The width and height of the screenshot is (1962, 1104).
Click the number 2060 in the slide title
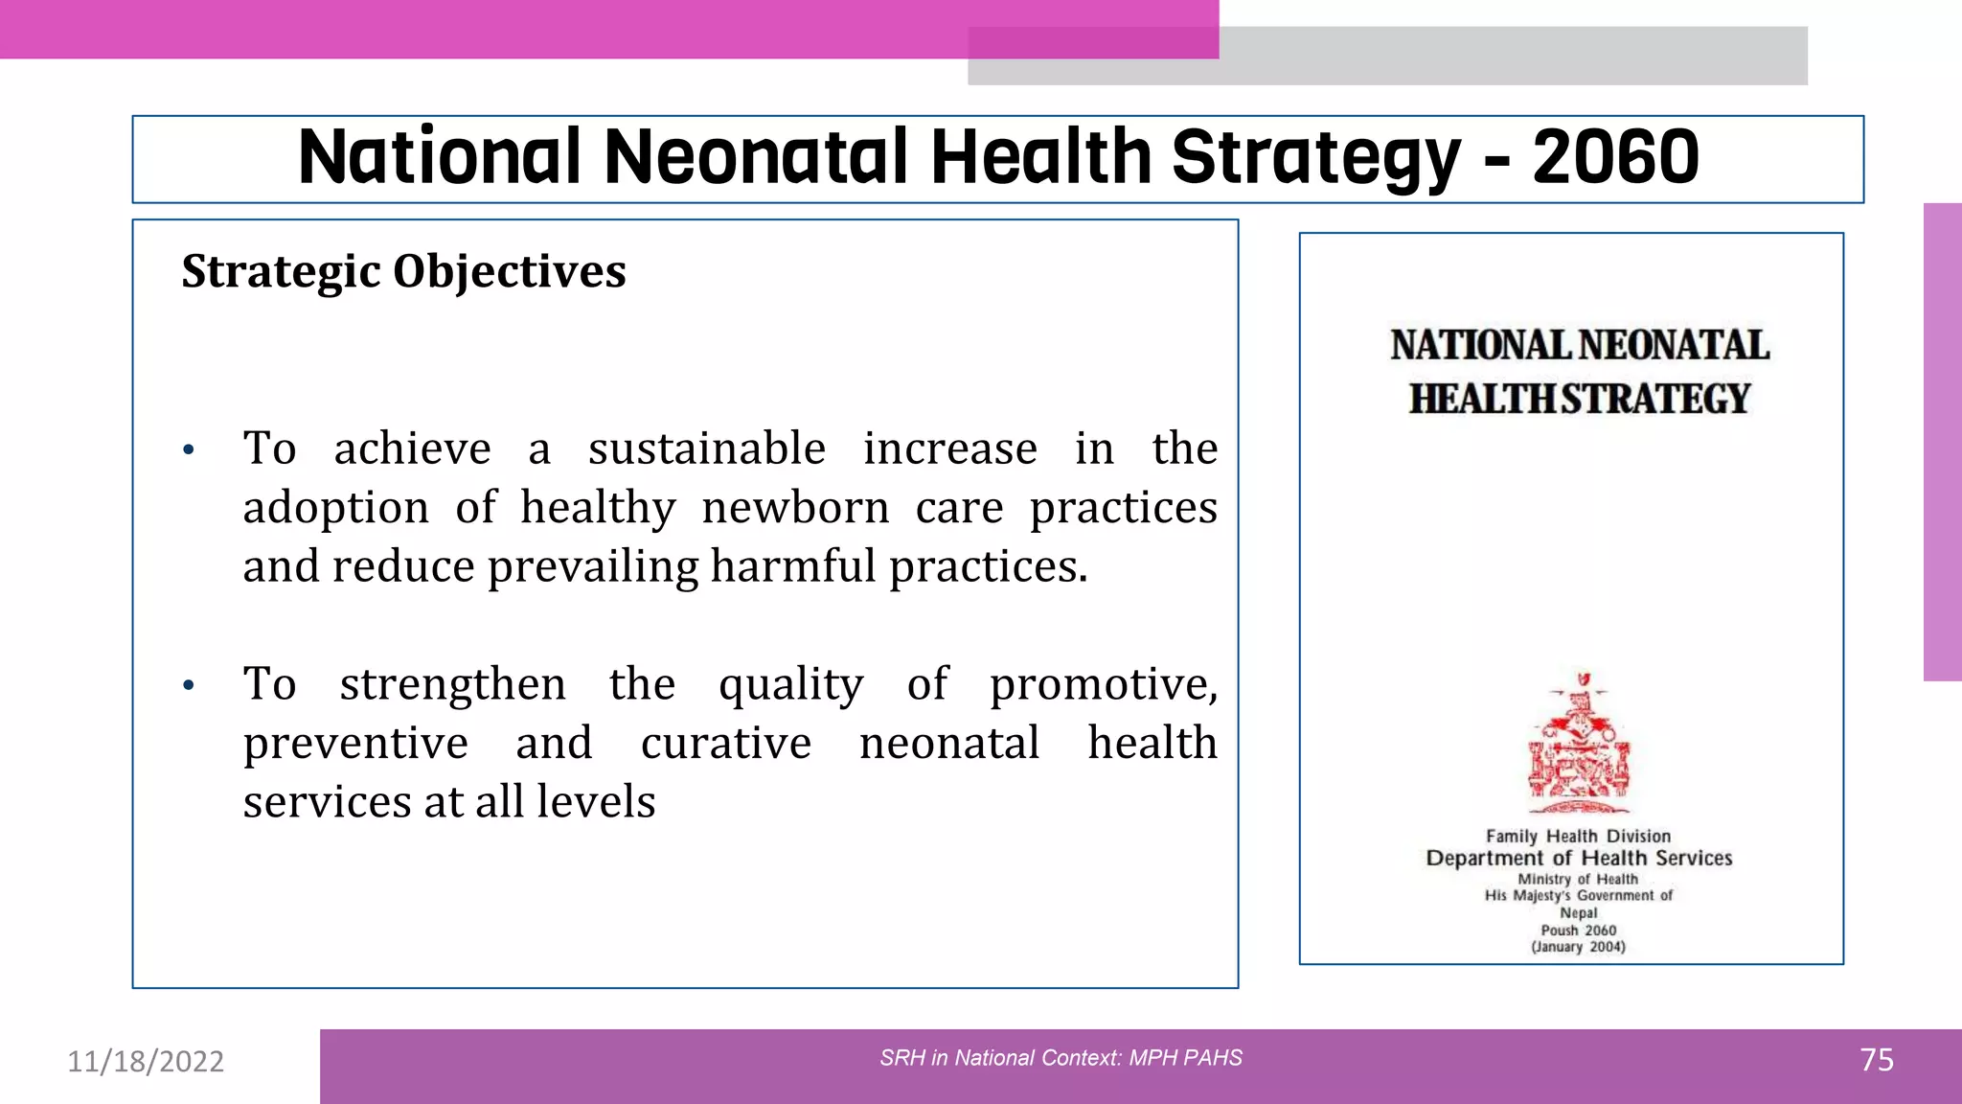coord(1615,157)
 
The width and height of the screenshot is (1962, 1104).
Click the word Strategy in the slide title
coord(1315,159)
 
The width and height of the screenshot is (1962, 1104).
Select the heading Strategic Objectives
coord(403,271)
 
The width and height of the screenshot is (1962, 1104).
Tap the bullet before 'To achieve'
coord(189,449)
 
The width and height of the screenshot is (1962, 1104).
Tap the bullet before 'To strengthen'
coord(189,685)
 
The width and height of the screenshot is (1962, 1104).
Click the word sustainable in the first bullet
coord(706,448)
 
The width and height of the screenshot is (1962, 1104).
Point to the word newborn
coord(795,507)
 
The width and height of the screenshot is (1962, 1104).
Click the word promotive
coord(1103,684)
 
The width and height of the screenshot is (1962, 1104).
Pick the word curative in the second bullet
coord(725,744)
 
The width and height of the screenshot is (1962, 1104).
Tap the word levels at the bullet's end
coord(595,802)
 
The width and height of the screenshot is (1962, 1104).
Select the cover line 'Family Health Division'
coord(1578,837)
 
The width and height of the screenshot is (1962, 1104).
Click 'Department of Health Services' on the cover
coord(1579,858)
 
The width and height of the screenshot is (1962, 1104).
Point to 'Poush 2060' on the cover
coord(1578,931)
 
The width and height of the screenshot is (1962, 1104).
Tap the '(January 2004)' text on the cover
coord(1578,947)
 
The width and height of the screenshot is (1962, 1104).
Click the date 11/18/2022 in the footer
coord(146,1061)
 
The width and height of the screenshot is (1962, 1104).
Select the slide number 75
coord(1876,1060)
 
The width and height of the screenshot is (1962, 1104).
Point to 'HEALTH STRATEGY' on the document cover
coord(1579,399)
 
